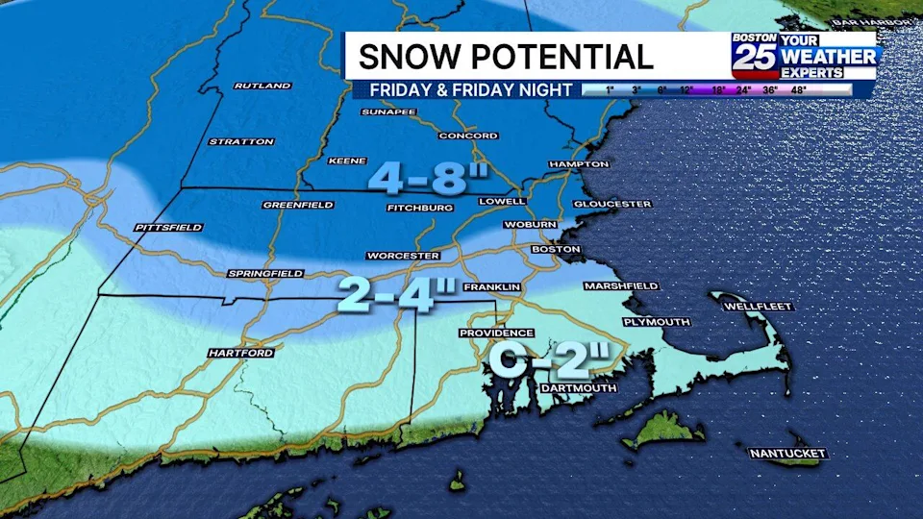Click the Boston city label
(x=556, y=250)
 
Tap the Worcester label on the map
(x=403, y=256)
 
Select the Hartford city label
(x=241, y=354)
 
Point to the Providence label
(x=495, y=334)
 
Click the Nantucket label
(x=787, y=454)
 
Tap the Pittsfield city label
(x=168, y=228)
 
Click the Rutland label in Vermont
(x=262, y=86)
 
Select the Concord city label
(x=467, y=136)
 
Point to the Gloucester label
(x=612, y=205)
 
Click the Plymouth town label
(x=656, y=322)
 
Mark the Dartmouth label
(x=578, y=388)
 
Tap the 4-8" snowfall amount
(x=429, y=179)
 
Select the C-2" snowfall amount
(x=549, y=360)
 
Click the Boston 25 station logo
(x=754, y=55)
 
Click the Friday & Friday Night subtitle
(x=462, y=90)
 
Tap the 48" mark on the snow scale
(x=824, y=90)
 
